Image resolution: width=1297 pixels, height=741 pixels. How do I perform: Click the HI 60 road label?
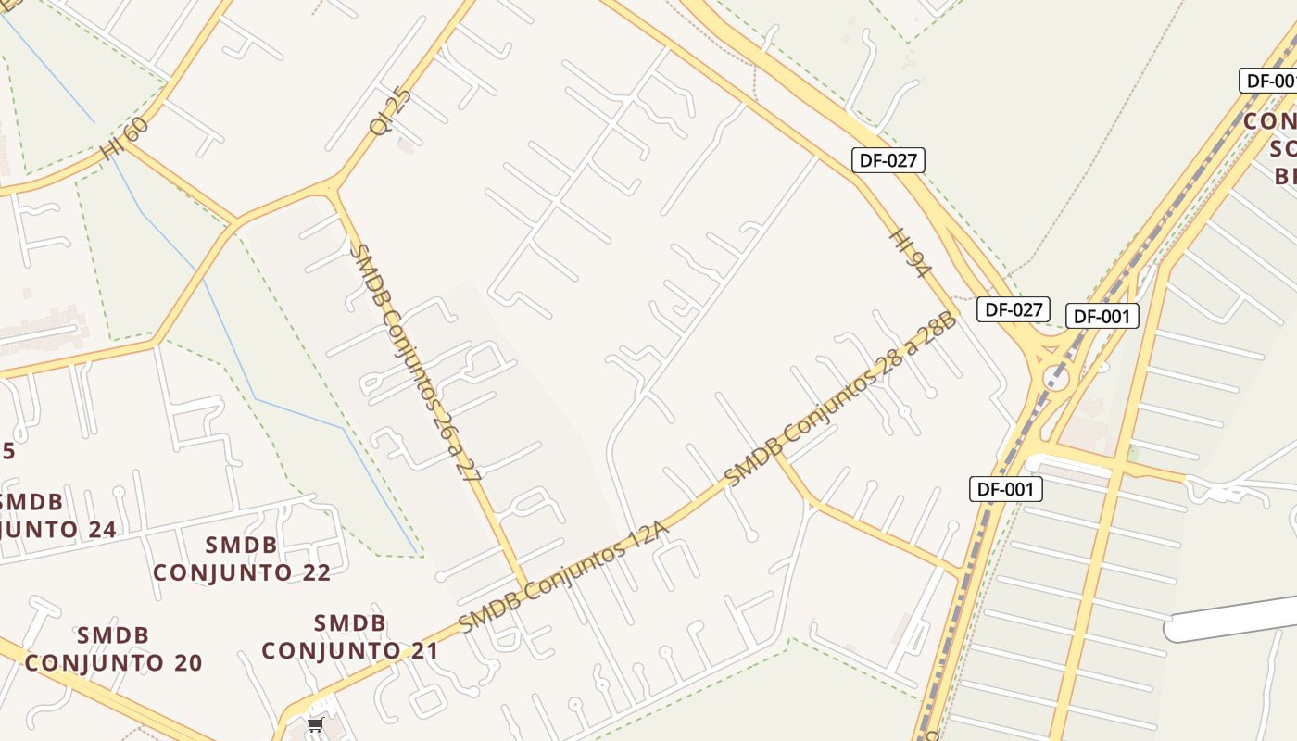click(x=124, y=138)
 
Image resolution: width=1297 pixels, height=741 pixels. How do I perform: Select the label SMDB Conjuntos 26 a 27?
click(x=418, y=362)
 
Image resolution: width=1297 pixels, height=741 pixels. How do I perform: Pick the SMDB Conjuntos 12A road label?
click(x=563, y=576)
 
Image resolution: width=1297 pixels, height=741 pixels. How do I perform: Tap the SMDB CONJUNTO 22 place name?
click(x=242, y=559)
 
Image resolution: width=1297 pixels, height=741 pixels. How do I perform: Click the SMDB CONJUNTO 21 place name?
click(x=349, y=637)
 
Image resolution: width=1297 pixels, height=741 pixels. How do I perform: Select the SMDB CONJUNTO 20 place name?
click(x=113, y=649)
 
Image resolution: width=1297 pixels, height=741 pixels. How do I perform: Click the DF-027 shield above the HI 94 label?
click(x=888, y=160)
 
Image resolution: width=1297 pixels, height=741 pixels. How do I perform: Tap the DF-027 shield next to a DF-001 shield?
click(x=1014, y=309)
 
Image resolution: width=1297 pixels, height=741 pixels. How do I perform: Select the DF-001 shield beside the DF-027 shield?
click(x=1102, y=317)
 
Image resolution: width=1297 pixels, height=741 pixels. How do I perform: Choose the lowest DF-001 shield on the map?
click(x=1005, y=489)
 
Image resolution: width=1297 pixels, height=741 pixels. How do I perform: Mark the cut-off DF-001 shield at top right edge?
click(x=1269, y=81)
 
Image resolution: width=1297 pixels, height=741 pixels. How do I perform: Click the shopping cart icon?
click(x=315, y=724)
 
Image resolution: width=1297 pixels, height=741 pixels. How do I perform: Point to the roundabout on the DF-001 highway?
click(x=1055, y=377)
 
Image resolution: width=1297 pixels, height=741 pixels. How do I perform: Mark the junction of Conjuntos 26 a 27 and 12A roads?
click(x=525, y=588)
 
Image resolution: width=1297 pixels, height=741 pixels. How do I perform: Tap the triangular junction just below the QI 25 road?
click(x=330, y=191)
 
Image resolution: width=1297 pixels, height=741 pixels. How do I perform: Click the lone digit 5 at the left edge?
click(x=8, y=452)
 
